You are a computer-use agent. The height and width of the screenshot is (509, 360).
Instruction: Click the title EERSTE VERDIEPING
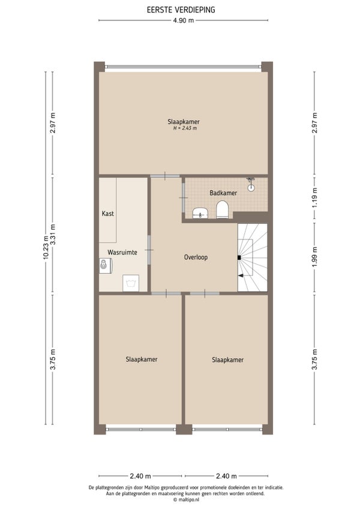(181, 10)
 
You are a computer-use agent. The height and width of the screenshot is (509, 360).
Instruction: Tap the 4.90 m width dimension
(184, 20)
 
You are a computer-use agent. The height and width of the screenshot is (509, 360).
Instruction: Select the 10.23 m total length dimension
(46, 247)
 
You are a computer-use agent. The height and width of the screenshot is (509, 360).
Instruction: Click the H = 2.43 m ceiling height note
(185, 128)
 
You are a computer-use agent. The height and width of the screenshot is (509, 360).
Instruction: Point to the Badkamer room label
(223, 193)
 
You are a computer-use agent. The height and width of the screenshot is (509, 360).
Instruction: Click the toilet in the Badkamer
(223, 209)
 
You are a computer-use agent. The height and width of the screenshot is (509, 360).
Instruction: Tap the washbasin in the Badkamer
(200, 213)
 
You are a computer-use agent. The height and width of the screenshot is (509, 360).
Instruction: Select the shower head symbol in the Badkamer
(251, 184)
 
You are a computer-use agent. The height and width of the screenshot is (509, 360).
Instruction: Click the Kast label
(108, 213)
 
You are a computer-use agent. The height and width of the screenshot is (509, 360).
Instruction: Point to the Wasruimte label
(122, 252)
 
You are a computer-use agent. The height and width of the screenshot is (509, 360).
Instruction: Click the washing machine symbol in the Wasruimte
(131, 283)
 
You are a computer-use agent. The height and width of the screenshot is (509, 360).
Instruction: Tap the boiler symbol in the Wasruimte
(105, 265)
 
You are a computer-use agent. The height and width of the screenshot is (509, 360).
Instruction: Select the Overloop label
(196, 257)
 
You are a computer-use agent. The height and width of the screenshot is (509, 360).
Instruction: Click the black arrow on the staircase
(241, 276)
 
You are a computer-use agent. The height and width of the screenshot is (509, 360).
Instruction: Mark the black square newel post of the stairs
(239, 258)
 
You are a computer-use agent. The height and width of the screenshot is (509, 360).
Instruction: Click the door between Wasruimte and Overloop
(149, 250)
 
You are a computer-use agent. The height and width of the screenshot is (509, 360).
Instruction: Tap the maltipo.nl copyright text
(186, 500)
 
